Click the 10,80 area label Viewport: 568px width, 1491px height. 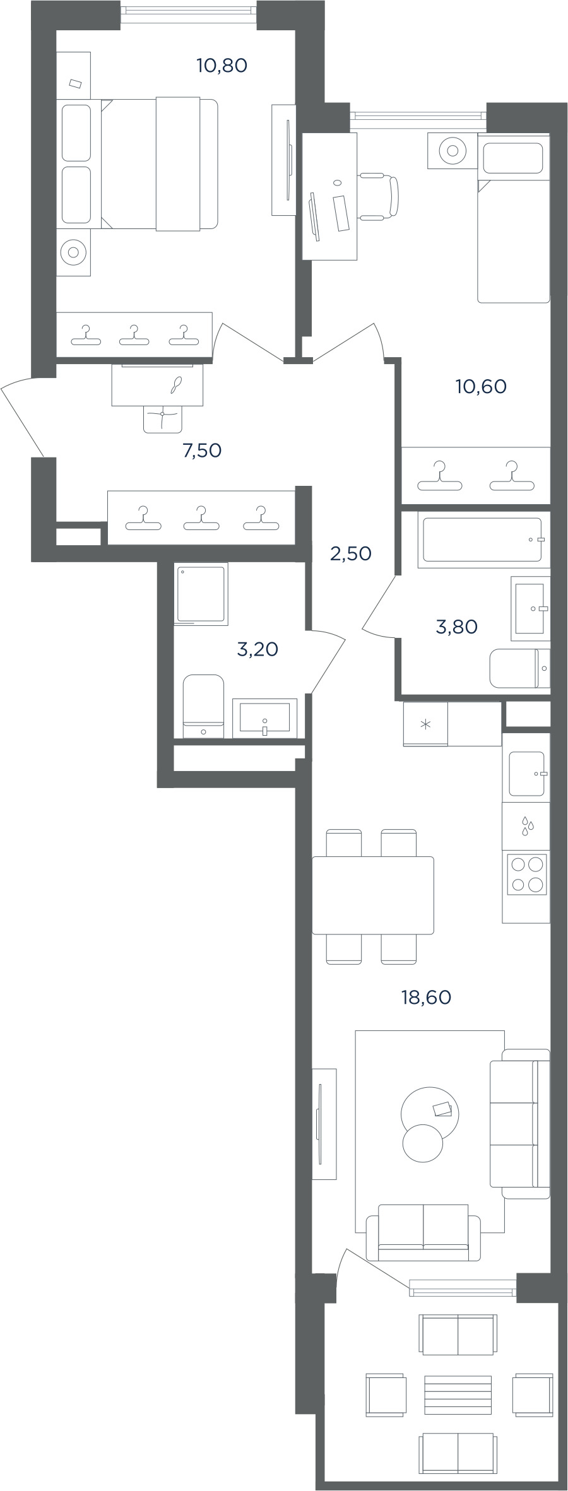click(x=222, y=65)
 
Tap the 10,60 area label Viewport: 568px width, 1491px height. click(x=481, y=386)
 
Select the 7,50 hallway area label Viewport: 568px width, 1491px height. click(x=202, y=451)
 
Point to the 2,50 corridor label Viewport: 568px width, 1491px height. click(x=351, y=553)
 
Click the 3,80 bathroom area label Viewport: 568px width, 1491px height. click(x=457, y=627)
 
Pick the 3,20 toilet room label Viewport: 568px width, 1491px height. click(x=257, y=649)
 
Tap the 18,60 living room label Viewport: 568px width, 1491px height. click(x=426, y=997)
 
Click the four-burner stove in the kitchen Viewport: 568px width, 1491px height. click(x=526, y=874)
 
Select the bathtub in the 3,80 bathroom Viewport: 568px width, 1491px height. click(x=483, y=539)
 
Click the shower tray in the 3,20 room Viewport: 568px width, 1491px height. click(x=201, y=594)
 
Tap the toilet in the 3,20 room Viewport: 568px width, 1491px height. click(x=203, y=706)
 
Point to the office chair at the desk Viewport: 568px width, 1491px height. click(x=379, y=196)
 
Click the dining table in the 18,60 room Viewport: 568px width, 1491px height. click(x=373, y=895)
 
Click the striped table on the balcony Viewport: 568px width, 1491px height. click(x=458, y=1395)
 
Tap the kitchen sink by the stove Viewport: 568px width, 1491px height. click(x=527, y=774)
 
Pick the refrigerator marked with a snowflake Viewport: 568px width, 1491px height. click(x=425, y=724)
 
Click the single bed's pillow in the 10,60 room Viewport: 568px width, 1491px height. click(x=513, y=158)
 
